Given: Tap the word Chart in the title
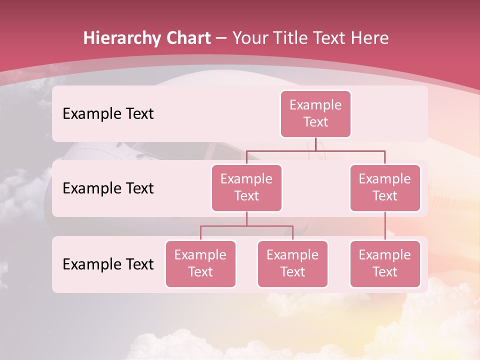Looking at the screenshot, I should (187, 38).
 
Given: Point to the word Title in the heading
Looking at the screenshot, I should (296, 38).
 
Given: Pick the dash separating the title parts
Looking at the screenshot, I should (222, 38).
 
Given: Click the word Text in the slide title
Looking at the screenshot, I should (334, 38).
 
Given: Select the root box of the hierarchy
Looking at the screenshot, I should (315, 114).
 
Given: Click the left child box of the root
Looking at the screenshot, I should (246, 188).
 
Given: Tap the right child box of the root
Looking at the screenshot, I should (385, 188).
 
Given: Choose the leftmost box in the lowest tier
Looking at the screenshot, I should (200, 264).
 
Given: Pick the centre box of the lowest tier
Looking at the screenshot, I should (292, 264).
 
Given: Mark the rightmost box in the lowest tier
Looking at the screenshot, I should (385, 264).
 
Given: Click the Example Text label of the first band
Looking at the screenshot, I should (108, 114).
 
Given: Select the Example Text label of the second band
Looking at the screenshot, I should (108, 188).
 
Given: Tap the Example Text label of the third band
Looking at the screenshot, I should (108, 264).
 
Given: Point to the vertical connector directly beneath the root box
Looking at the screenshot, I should (315, 144).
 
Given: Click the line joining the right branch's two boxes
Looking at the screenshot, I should (385, 226).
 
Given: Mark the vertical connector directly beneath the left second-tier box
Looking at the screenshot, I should (246, 218).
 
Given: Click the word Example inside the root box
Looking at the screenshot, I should (315, 105).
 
